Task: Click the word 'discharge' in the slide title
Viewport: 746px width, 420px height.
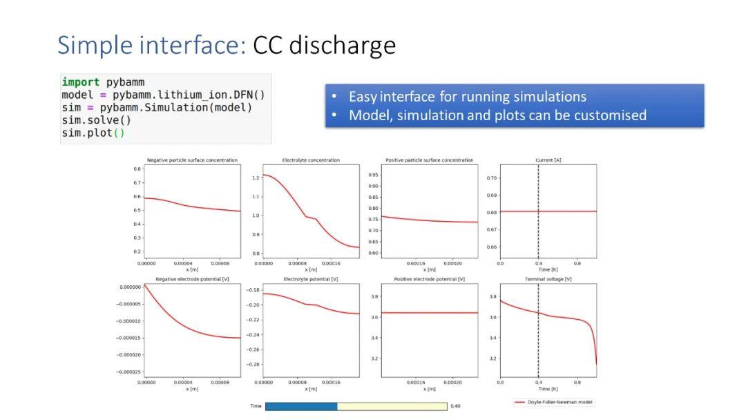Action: (x=342, y=46)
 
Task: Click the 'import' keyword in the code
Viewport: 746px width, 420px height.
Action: (x=80, y=82)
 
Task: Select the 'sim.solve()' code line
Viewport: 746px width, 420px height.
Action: (x=97, y=120)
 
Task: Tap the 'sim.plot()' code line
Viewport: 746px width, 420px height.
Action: (x=93, y=133)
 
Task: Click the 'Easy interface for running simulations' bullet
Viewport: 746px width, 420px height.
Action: (x=467, y=97)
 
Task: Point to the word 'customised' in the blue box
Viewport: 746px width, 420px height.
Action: (x=610, y=115)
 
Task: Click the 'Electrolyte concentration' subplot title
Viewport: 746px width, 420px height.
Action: (x=311, y=160)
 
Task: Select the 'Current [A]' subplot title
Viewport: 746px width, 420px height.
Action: (x=548, y=160)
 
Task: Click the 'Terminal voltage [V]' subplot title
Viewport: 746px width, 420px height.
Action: (x=548, y=279)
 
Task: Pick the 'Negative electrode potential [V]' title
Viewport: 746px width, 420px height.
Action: (x=191, y=279)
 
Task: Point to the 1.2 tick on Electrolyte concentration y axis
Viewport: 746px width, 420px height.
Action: (x=256, y=178)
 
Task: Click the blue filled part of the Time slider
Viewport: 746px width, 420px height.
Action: (x=301, y=406)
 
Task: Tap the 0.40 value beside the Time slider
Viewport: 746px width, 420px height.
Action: (x=455, y=406)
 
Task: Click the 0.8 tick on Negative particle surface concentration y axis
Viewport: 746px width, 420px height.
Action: (x=137, y=169)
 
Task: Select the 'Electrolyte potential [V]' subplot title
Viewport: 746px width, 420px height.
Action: (x=311, y=279)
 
